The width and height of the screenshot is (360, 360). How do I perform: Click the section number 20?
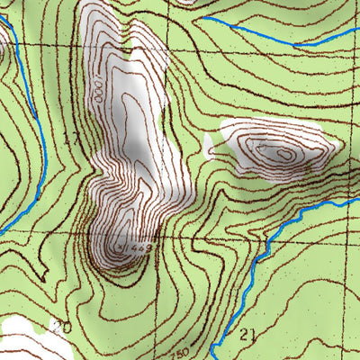click(x=61, y=327)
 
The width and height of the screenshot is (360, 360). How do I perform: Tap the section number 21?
click(x=249, y=335)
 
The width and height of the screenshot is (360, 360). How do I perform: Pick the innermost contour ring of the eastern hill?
click(x=284, y=154)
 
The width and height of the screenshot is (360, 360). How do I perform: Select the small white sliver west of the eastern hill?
click(x=209, y=144)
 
